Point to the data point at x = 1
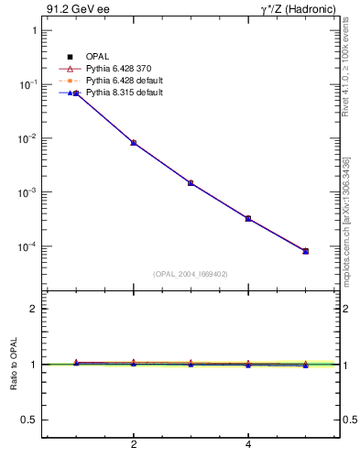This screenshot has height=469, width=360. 76,93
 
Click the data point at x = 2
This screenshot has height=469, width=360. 134,143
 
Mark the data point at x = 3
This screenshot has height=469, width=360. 191,183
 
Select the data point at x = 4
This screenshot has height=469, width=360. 248,218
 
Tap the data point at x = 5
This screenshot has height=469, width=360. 306,251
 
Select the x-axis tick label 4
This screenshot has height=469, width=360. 248,445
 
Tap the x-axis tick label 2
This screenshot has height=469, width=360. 134,445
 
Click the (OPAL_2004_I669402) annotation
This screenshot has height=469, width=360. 191,273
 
